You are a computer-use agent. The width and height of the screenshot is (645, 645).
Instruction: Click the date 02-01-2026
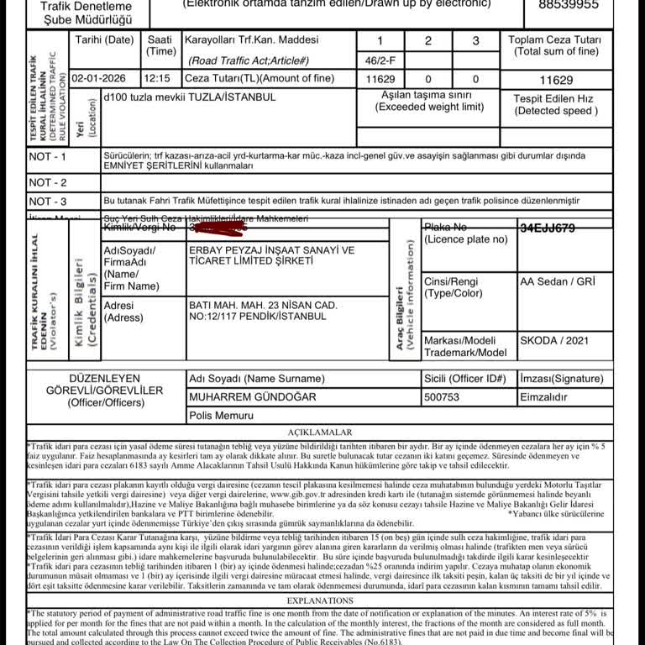point(98,79)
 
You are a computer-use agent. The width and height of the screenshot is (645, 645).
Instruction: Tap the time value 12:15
point(156,79)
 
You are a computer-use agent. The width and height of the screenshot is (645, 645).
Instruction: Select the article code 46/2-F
point(380,60)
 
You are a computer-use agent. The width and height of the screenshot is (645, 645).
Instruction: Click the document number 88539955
point(569,5)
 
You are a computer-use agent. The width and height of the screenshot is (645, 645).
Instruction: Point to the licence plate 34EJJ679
point(548,228)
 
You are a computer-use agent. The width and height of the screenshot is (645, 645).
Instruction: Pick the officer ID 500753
point(442,396)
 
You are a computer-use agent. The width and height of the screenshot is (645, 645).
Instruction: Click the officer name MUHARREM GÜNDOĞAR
point(253,396)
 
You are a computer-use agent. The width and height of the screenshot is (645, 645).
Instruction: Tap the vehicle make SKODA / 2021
point(554,341)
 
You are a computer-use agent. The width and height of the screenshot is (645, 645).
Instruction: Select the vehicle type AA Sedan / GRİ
point(556,281)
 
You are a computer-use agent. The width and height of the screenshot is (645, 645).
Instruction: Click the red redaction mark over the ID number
point(219,227)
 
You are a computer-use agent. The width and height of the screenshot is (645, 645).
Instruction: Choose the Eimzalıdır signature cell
point(543,396)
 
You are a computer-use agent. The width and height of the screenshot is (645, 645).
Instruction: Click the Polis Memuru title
point(221,415)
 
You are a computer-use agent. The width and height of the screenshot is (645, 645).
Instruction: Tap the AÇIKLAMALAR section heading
point(320,432)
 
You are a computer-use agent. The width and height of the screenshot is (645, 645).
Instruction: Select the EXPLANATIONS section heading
point(320,600)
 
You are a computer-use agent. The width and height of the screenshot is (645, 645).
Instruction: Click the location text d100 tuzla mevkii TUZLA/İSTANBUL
point(189,97)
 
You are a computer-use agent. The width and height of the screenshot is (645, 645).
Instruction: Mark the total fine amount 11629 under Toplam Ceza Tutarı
point(556,81)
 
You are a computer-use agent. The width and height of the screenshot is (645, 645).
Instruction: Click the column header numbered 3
point(475,41)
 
